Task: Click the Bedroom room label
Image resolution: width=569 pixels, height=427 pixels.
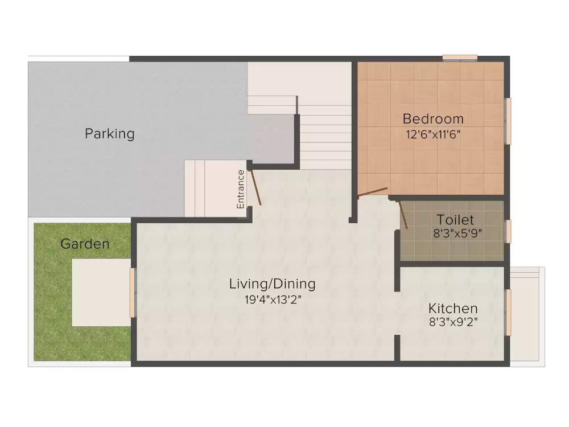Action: (x=433, y=119)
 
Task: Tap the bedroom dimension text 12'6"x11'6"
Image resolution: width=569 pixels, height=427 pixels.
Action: (x=433, y=135)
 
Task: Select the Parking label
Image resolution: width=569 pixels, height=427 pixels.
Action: (x=110, y=134)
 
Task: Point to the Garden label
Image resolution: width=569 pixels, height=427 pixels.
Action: (x=85, y=244)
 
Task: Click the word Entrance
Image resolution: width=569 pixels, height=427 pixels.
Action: (x=241, y=188)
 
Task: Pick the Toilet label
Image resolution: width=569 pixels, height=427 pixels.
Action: (x=455, y=219)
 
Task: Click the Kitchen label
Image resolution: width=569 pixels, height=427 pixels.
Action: (x=453, y=309)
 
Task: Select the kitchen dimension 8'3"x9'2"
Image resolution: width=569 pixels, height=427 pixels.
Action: (x=453, y=322)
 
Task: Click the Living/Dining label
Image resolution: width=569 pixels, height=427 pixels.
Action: (x=272, y=284)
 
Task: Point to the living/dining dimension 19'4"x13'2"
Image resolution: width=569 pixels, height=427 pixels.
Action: (x=272, y=299)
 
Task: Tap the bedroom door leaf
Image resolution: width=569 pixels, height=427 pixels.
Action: (x=373, y=192)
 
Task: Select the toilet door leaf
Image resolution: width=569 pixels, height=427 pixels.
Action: (x=403, y=214)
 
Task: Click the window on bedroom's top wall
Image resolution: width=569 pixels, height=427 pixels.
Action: (x=460, y=58)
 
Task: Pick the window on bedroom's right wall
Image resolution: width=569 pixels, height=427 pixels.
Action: (x=508, y=121)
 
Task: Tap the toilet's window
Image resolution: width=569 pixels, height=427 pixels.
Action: (x=508, y=231)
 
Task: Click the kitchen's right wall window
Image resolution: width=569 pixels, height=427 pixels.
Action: (x=509, y=312)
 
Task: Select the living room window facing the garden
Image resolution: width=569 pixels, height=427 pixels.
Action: (x=133, y=293)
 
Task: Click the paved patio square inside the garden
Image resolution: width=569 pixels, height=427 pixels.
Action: (x=101, y=293)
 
